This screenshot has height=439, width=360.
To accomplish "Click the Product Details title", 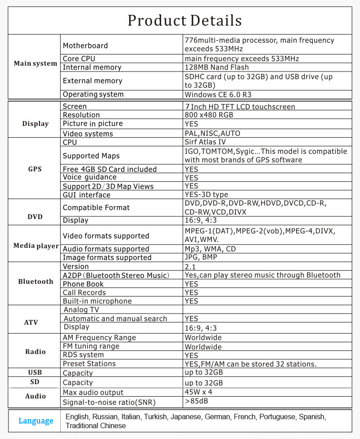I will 184,21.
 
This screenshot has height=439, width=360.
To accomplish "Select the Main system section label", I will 35,63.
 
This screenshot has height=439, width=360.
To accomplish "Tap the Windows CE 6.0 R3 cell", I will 219,94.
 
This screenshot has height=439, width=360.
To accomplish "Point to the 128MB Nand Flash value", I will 216,67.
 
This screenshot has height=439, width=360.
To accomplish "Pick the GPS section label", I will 35,169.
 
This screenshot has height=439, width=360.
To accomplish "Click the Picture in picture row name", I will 93,124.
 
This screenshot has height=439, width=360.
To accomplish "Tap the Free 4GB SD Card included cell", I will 110,169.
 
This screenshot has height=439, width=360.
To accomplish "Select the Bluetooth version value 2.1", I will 190,267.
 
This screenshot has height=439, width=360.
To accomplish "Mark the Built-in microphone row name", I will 97,301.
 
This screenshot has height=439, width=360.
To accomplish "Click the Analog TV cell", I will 81,310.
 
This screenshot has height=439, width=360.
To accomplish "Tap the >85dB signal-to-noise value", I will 196,401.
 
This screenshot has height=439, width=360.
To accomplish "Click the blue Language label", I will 36,421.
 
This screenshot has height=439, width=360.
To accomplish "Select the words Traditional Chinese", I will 96,426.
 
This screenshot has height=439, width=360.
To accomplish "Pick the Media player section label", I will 36,246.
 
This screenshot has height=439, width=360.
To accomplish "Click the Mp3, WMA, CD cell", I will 210,249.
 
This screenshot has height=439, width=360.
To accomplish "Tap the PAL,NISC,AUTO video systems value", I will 212,134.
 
